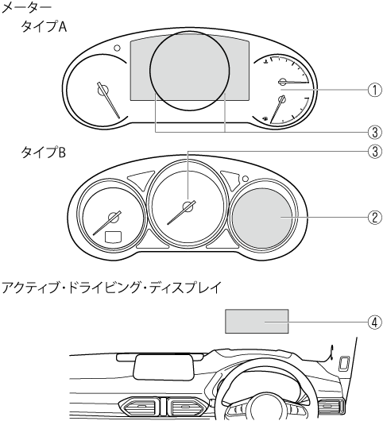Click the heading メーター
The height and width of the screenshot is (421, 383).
pos(26,8)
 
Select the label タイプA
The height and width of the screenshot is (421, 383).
pos(44,27)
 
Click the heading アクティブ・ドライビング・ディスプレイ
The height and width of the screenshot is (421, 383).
pos(111,288)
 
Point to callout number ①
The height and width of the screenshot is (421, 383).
pos(375,90)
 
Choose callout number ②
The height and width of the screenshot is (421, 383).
pos(375,218)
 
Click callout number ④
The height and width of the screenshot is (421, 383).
pos(375,322)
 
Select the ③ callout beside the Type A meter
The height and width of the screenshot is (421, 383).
pos(375,132)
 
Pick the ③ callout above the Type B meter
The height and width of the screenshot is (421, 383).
pos(375,152)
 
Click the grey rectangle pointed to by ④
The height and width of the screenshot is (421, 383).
pos(257,322)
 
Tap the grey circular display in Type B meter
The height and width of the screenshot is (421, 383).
pos(262,218)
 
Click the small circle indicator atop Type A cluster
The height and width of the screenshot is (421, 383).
pos(117,48)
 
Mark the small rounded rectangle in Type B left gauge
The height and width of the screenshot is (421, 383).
pos(113,237)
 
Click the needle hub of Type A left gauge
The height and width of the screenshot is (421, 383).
pos(103,90)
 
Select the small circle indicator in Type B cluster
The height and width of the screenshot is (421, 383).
pos(245,178)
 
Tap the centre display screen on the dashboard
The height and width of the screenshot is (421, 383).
pos(164,367)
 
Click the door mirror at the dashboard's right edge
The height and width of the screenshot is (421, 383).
pos(344,364)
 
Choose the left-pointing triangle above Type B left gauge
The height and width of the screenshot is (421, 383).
pos(141,180)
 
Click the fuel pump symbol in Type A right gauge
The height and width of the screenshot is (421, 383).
pos(265,118)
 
